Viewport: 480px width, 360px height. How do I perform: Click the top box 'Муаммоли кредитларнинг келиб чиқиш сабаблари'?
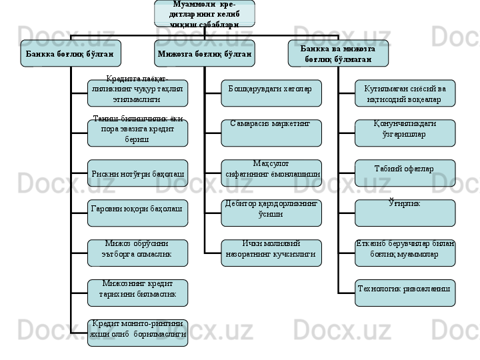point(204,14)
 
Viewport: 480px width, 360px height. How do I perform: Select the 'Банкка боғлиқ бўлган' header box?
point(71,53)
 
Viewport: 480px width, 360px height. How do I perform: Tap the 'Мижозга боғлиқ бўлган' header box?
point(204,53)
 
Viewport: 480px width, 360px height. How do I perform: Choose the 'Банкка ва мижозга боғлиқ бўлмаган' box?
point(337,53)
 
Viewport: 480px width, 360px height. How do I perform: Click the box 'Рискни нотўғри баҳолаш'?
point(137,173)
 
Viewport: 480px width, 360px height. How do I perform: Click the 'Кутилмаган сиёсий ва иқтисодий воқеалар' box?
point(405,93)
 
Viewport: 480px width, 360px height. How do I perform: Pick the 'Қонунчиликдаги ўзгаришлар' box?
point(405,133)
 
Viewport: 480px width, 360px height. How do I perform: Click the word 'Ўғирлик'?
point(404,202)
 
